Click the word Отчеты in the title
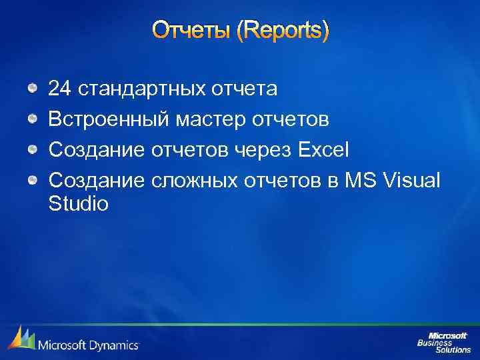click(x=191, y=31)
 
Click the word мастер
click(x=201, y=121)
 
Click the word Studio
click(x=78, y=203)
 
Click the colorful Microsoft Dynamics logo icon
click(x=21, y=339)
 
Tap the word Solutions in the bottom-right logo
click(x=453, y=349)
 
